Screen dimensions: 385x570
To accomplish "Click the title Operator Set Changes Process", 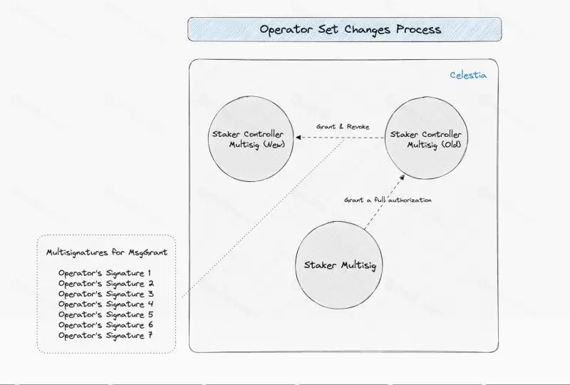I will (350, 30).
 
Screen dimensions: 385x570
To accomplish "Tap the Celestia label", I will (468, 75).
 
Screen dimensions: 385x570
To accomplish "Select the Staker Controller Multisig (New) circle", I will (247, 139).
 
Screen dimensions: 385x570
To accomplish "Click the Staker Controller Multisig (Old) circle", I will (425, 139).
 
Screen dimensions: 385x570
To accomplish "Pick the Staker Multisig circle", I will (339, 266).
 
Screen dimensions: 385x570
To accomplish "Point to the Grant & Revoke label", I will (343, 127).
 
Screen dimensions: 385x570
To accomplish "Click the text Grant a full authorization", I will (388, 200).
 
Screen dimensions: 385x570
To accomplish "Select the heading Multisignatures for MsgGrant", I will (106, 252).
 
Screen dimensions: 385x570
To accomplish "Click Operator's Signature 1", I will (105, 273).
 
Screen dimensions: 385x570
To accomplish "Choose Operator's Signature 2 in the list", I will (105, 284).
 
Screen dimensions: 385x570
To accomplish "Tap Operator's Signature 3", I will (105, 294).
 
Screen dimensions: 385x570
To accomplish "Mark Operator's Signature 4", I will (105, 304).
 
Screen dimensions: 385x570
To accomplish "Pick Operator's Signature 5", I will (105, 314).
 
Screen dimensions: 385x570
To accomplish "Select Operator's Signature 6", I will (105, 325).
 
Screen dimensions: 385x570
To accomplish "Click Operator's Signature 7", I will (105, 335).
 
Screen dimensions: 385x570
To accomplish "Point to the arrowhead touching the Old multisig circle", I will (402, 178).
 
